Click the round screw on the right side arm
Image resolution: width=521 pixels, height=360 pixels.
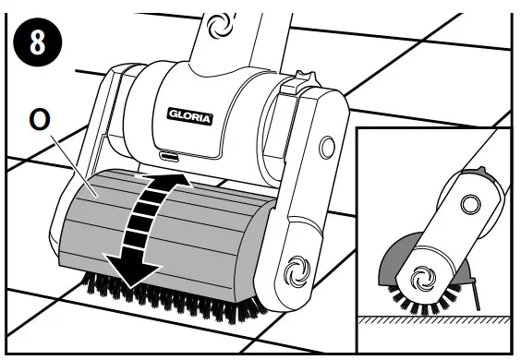coord(325,146)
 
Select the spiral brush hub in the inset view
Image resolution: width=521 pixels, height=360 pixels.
coord(427,275)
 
